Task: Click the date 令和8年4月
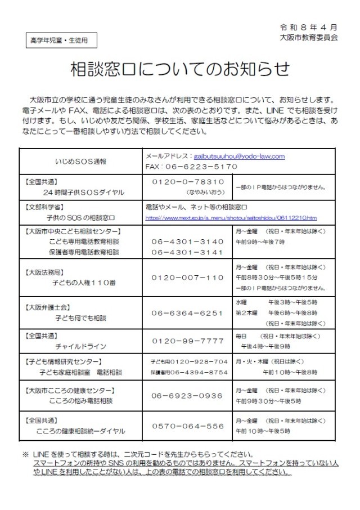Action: [x=308, y=27]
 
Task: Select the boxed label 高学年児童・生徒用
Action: [x=60, y=41]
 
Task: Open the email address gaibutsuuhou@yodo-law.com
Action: [x=239, y=156]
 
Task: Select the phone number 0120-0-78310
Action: [x=188, y=181]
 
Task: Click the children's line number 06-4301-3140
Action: [x=188, y=241]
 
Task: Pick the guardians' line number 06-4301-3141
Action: [x=188, y=251]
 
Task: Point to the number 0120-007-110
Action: [x=188, y=278]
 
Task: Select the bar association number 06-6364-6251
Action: [x=188, y=313]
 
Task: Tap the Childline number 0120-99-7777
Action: [x=188, y=341]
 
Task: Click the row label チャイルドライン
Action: [x=80, y=347]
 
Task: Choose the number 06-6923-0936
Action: [x=188, y=396]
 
